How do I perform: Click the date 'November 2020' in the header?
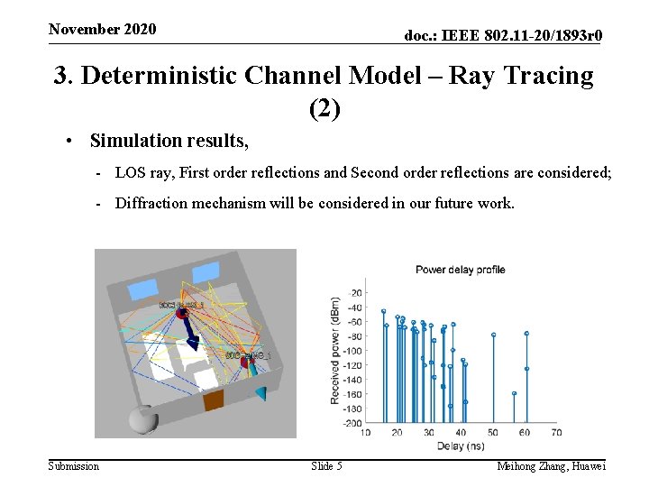tap(102, 29)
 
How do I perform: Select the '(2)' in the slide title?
tap(324, 109)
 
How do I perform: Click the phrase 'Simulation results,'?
tap(169, 141)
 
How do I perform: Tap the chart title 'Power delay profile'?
tap(460, 269)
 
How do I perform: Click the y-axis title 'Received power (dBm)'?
tap(334, 350)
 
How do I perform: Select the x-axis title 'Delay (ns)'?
tap(460, 446)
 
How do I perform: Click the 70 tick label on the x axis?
tap(556, 433)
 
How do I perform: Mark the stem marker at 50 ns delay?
tap(494, 335)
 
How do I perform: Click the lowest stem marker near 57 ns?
tap(514, 393)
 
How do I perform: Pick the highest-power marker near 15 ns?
tap(383, 311)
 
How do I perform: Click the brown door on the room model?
tap(214, 400)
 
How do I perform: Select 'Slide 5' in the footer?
tap(326, 465)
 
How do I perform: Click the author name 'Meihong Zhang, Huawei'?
tap(551, 465)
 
